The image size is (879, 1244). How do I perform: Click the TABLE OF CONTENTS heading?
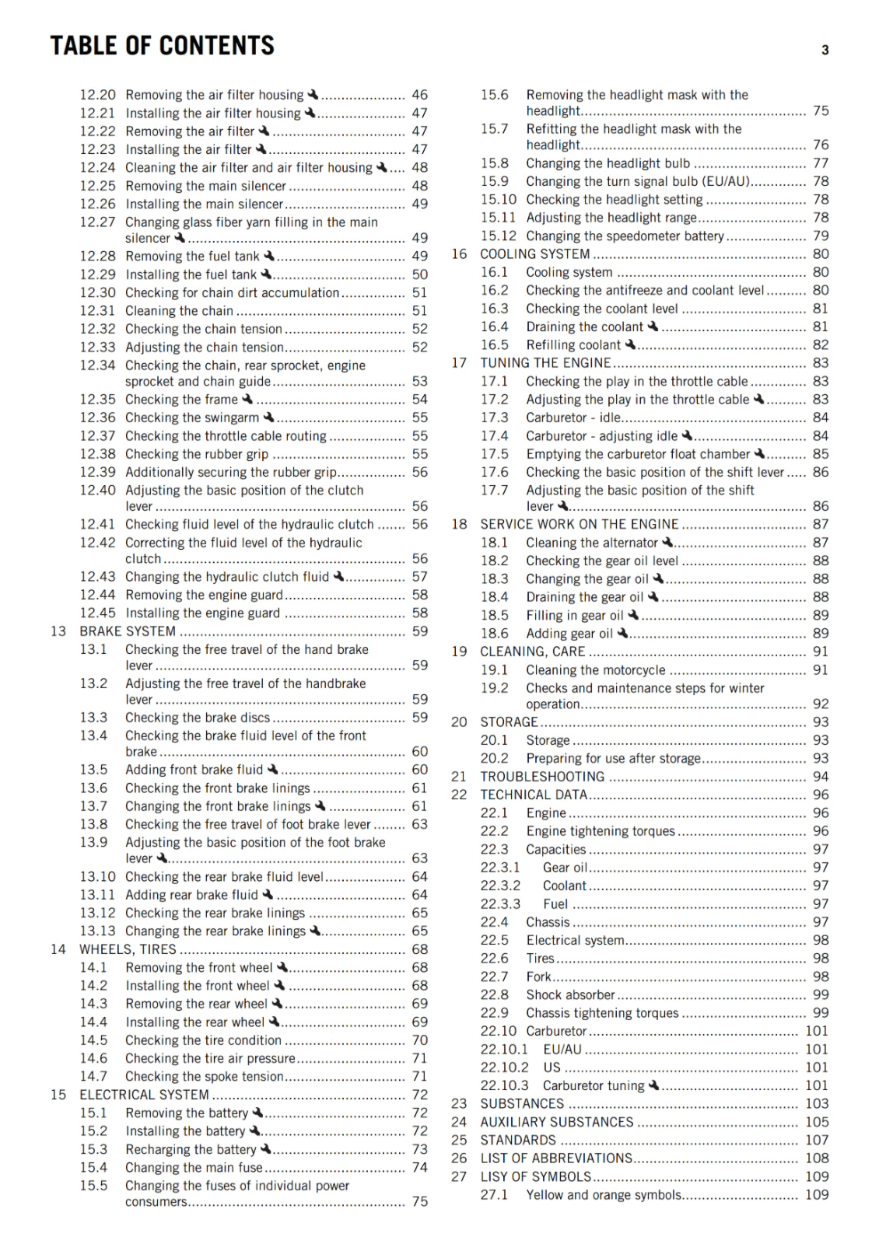(x=162, y=46)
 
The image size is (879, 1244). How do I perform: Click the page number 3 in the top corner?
(x=825, y=51)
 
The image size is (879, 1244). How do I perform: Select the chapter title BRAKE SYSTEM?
(x=128, y=631)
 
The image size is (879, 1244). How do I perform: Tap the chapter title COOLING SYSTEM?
(x=534, y=254)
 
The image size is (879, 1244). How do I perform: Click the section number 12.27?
(x=97, y=222)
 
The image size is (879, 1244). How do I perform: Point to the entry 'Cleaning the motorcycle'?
(x=595, y=670)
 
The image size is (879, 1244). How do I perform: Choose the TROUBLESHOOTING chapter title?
(x=542, y=777)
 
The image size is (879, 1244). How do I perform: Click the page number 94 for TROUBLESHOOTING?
(x=820, y=777)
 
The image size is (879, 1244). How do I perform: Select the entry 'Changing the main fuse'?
(x=194, y=1168)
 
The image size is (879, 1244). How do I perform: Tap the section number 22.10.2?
(x=504, y=1068)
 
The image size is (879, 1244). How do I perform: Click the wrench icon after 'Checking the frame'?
(x=247, y=399)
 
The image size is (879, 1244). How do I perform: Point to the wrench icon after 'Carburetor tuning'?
(x=653, y=1085)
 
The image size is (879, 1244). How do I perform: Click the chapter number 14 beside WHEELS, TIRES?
(x=58, y=949)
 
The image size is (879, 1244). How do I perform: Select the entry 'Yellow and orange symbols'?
(x=604, y=1195)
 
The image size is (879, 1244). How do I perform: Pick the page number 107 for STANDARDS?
(x=817, y=1141)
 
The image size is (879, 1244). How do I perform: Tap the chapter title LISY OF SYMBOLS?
(x=535, y=1177)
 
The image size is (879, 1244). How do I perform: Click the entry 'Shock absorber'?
(x=570, y=995)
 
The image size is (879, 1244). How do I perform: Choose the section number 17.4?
(x=494, y=436)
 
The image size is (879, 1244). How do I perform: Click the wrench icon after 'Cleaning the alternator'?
(x=667, y=542)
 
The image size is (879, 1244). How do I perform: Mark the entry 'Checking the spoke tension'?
(x=204, y=1077)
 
